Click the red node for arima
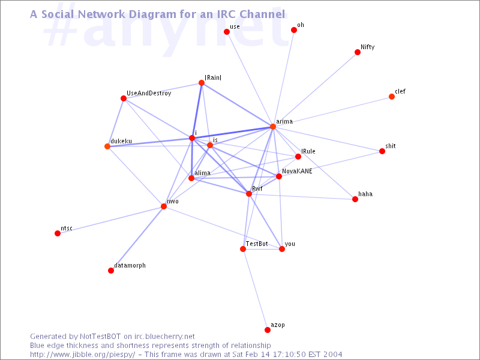pyautogui.click(x=273, y=127)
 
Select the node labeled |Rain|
pyautogui.click(x=202, y=83)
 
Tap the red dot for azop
pyautogui.click(x=268, y=329)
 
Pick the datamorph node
pyautogui.click(x=111, y=271)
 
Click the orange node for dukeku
pyautogui.click(x=107, y=146)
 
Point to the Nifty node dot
pyautogui.click(x=357, y=52)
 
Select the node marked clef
pyautogui.click(x=392, y=97)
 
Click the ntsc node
pyautogui.click(x=57, y=233)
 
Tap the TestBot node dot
pyautogui.click(x=243, y=249)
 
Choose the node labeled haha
pyautogui.click(x=355, y=199)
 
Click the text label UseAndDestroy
pyautogui.click(x=149, y=94)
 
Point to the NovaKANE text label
pyautogui.click(x=297, y=171)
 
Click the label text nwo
pyautogui.click(x=173, y=202)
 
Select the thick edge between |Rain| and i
pyautogui.click(x=197, y=110)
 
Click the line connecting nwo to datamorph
pyautogui.click(x=137, y=238)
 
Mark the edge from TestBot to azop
pyautogui.click(x=255, y=289)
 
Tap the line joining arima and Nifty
pyautogui.click(x=315, y=89)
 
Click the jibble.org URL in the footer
pyautogui.click(x=82, y=355)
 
